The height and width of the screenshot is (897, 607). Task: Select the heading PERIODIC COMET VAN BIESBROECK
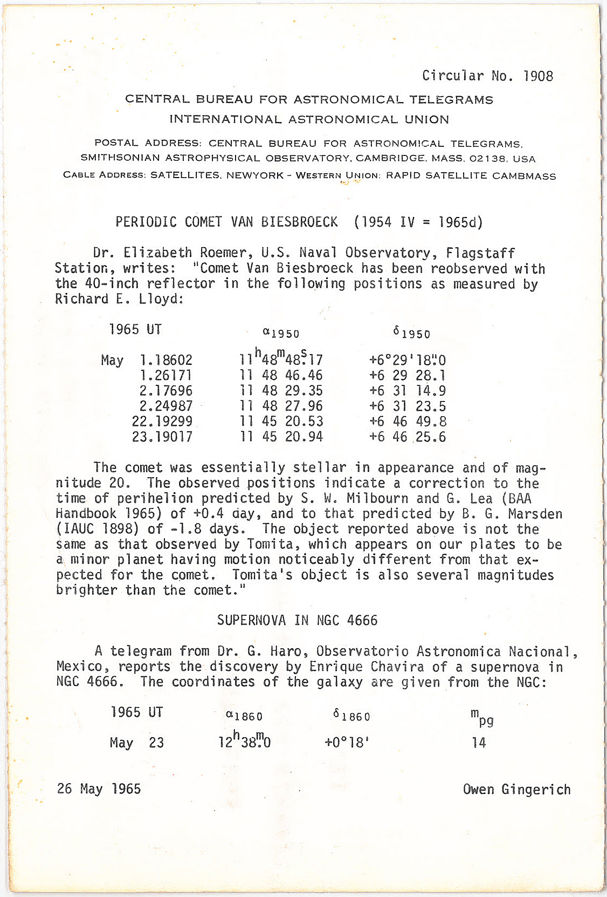[x=226, y=222]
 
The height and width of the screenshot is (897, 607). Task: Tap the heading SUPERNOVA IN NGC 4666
[x=297, y=620]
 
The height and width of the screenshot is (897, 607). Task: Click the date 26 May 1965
[x=99, y=789]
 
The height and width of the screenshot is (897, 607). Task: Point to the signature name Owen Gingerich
[x=516, y=789]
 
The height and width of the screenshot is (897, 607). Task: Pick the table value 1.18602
[x=165, y=360]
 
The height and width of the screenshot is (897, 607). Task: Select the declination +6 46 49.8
[x=408, y=422]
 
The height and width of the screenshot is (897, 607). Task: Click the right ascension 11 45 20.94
[x=281, y=437]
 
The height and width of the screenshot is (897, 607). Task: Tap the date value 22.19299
[x=162, y=422]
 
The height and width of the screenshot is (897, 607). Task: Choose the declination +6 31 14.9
[x=408, y=391]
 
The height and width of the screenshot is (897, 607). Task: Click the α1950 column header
[x=281, y=333]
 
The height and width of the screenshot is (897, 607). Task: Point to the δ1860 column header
[x=351, y=716]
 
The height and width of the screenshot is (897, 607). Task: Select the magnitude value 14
[x=479, y=743]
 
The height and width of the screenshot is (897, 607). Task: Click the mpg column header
[x=481, y=717]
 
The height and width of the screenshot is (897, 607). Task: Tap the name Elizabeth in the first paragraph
[x=157, y=253]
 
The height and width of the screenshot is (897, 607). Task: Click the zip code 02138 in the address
[x=488, y=159]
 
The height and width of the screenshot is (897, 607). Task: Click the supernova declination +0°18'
[x=347, y=743]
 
